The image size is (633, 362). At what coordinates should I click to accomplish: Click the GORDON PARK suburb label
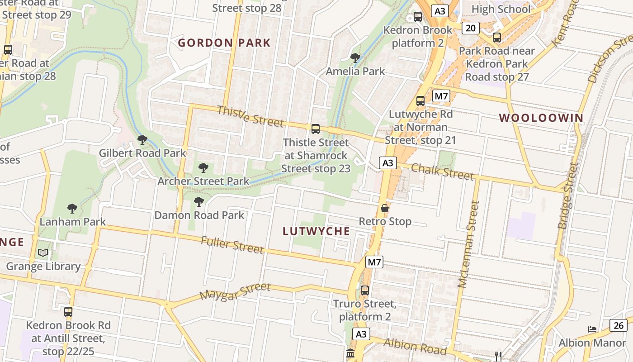(x=224, y=43)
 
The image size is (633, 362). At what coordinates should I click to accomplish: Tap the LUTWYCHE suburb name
(x=316, y=231)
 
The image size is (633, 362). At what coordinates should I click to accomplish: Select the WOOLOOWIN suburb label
(x=541, y=118)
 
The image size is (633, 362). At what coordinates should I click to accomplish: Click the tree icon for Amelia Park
(x=355, y=58)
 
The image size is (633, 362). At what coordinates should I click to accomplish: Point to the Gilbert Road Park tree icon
(x=142, y=140)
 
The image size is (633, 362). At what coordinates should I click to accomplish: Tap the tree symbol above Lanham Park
(x=72, y=209)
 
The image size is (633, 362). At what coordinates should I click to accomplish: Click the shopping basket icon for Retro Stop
(x=385, y=208)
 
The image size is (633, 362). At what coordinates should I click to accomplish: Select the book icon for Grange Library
(x=43, y=253)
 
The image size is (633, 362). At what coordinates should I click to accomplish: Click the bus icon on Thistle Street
(x=316, y=129)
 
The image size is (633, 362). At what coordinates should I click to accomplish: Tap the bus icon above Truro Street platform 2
(x=365, y=290)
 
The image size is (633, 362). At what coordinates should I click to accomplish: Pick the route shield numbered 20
(x=471, y=28)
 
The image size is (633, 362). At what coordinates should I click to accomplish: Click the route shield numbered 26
(x=619, y=325)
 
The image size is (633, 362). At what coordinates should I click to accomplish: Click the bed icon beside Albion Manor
(x=592, y=329)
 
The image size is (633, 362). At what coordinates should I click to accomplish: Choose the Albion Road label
(x=415, y=346)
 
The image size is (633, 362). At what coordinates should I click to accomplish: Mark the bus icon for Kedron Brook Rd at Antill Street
(x=68, y=311)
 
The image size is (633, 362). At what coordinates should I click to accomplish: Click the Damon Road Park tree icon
(x=198, y=202)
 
